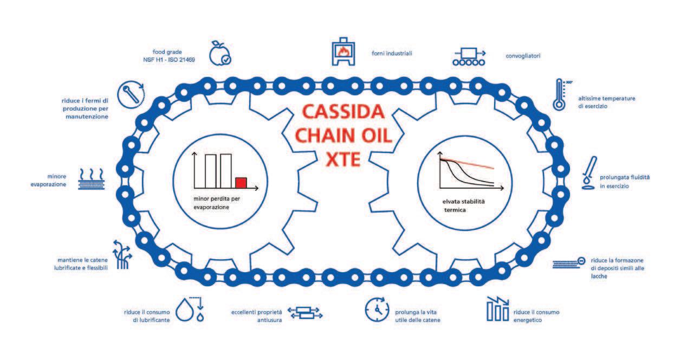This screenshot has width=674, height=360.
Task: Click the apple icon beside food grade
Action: pos(221,52)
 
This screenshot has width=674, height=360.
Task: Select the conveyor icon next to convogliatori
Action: pos(469,56)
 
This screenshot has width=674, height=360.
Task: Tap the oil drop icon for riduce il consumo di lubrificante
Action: pos(193,309)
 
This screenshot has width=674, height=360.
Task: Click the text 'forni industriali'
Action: pos(392,54)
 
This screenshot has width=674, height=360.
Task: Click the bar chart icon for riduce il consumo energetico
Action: pos(498,309)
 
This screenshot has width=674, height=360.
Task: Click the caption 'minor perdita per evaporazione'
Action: pos(216,202)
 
